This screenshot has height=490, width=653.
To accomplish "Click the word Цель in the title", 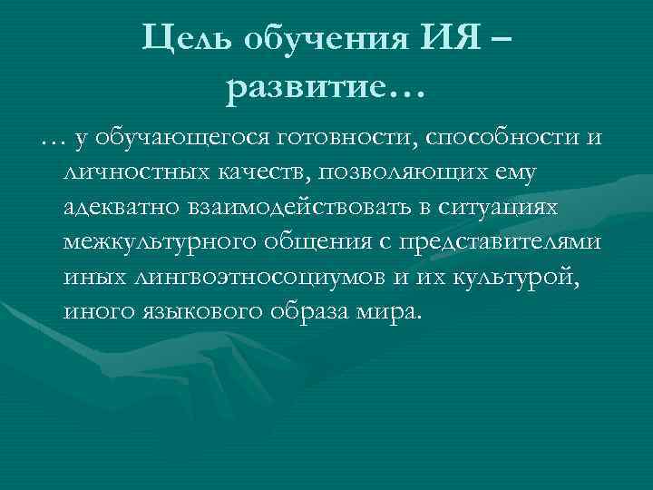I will tap(188, 36).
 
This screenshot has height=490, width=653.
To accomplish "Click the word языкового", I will tap(212, 314).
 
